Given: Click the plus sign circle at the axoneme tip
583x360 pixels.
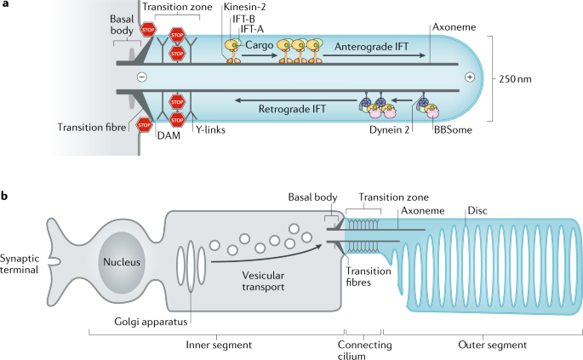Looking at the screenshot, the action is (470, 77).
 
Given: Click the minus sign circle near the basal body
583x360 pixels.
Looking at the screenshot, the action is (141, 77).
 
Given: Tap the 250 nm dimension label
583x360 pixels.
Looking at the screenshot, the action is (515, 79).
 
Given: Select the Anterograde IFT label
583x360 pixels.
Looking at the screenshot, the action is (371, 47).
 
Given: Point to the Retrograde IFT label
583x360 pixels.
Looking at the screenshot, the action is (292, 109).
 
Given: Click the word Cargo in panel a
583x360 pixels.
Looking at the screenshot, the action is (259, 45).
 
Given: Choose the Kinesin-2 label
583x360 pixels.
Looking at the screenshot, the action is (244, 7).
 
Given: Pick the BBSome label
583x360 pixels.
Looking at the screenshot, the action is (453, 130).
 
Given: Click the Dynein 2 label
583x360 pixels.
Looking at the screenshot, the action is (389, 130).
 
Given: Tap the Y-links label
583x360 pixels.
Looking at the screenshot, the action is (210, 129).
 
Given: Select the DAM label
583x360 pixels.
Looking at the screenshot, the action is (169, 135).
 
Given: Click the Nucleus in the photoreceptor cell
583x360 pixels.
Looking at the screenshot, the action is (122, 262).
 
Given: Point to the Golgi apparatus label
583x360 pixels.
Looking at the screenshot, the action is (151, 322).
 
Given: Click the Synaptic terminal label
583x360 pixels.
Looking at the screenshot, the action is (19, 264).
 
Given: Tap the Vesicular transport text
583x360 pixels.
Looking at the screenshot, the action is (263, 281).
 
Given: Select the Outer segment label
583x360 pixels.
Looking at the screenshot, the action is (492, 346).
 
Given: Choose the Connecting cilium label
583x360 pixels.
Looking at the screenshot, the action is (364, 351).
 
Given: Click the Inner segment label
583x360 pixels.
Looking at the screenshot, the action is (219, 346).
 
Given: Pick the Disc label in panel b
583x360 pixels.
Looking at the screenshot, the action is (477, 211).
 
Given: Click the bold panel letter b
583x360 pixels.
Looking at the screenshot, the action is (4, 196).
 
